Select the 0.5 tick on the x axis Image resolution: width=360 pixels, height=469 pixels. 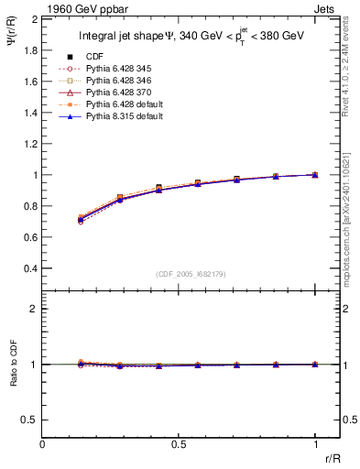(x=179, y=444)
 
